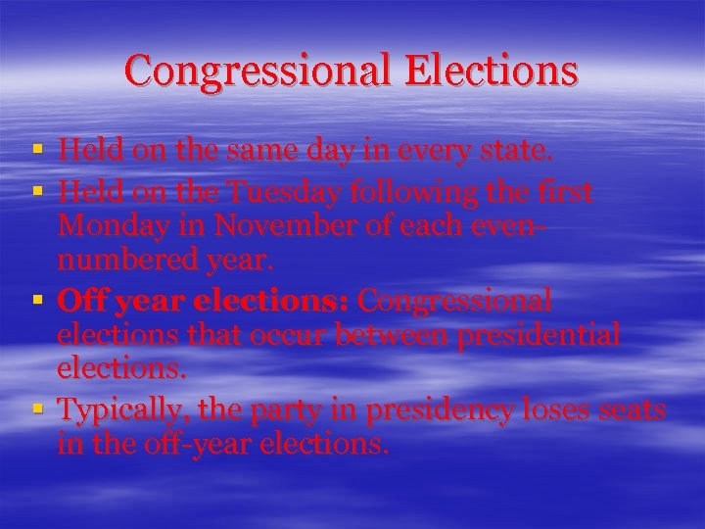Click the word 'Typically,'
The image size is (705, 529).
[120, 409]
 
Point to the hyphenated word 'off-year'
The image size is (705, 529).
[201, 445]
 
